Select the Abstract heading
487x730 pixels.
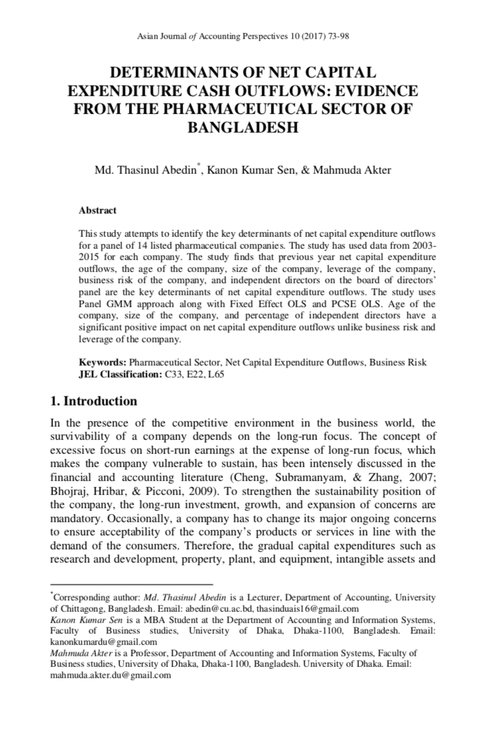pyautogui.click(x=98, y=210)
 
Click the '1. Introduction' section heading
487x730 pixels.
pyautogui.click(x=94, y=401)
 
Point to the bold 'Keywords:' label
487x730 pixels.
pyautogui.click(x=102, y=363)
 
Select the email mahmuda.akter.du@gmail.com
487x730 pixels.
pyautogui.click(x=111, y=675)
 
